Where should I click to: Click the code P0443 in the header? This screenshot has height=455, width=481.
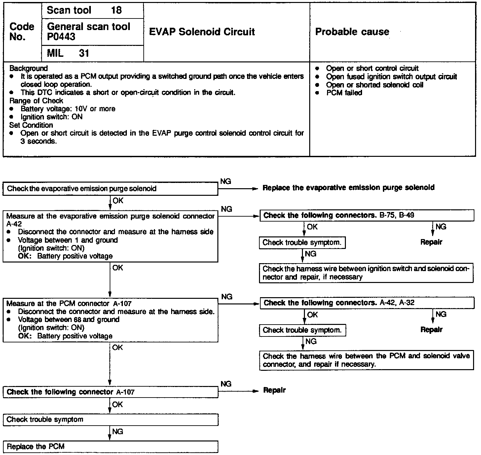point(61,37)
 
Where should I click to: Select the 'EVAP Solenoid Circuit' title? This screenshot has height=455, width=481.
point(202,32)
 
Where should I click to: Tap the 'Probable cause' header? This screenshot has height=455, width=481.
point(352,32)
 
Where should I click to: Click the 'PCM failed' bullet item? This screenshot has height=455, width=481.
point(344,93)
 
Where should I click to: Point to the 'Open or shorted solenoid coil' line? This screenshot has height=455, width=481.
point(374,85)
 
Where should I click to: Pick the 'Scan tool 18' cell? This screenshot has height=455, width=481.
point(84,10)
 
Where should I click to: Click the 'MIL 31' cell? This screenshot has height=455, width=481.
point(68,53)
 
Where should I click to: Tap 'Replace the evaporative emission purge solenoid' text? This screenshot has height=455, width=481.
point(348,188)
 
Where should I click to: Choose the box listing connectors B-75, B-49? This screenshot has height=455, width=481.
point(367,216)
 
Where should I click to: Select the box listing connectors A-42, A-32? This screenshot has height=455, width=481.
point(367,303)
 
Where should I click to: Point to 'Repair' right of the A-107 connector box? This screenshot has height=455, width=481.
point(274,390)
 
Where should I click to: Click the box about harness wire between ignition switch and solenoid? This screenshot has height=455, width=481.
point(366,273)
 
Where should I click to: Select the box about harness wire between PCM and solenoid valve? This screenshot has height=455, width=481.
point(366,360)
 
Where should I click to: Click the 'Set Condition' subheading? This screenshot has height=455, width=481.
point(31,125)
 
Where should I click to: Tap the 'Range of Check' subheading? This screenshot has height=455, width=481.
point(36,101)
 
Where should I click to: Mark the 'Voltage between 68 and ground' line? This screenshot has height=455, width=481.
point(69,320)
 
